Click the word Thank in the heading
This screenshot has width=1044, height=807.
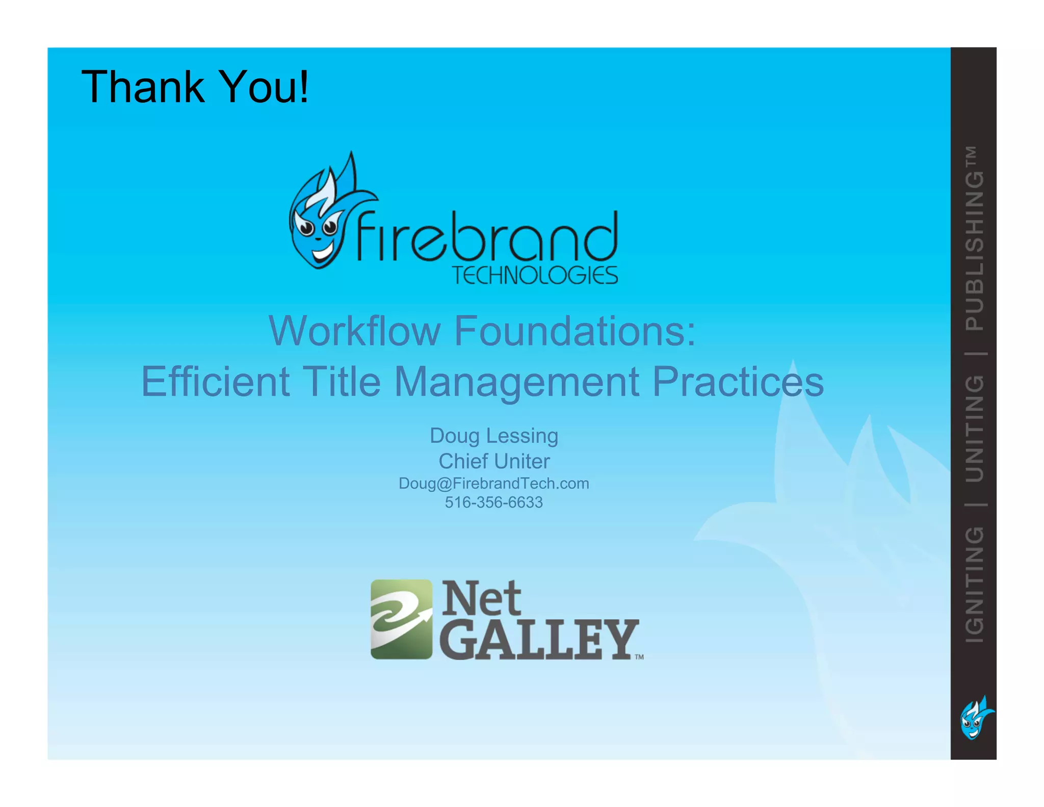pos(142,87)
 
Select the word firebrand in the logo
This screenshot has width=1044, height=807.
pos(487,237)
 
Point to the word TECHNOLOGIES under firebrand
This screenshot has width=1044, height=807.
pos(535,275)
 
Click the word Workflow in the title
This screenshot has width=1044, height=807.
pos(354,331)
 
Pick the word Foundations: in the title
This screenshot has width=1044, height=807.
pos(575,331)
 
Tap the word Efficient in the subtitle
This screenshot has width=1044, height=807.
pos(215,382)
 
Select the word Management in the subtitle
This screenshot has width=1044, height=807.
pos(516,383)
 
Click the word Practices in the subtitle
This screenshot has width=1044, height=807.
pos(738,382)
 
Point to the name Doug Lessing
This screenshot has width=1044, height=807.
pos(493,436)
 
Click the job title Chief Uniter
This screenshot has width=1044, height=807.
pos(493,461)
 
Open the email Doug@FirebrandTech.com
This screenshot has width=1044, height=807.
pos(493,483)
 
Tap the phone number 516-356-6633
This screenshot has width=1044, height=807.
pos(493,502)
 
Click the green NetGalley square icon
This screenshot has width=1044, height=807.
pos(401,619)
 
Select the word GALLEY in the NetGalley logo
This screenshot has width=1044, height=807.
pos(538,639)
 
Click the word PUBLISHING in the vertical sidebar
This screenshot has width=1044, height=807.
pos(974,250)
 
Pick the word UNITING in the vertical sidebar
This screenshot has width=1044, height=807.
pos(974,428)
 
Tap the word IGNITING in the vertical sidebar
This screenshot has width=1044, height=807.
pos(974,584)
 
